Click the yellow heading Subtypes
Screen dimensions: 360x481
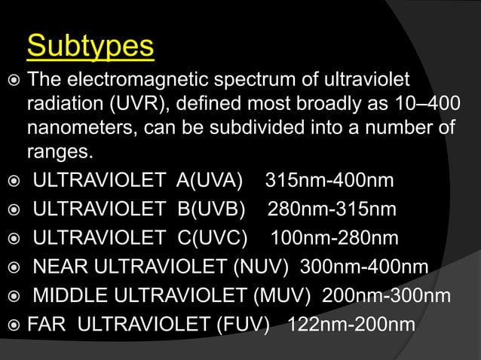pos(90,47)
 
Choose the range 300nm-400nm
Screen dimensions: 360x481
pos(364,267)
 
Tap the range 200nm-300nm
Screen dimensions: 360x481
pos(387,295)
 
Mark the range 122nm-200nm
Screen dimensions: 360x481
pos(351,325)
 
